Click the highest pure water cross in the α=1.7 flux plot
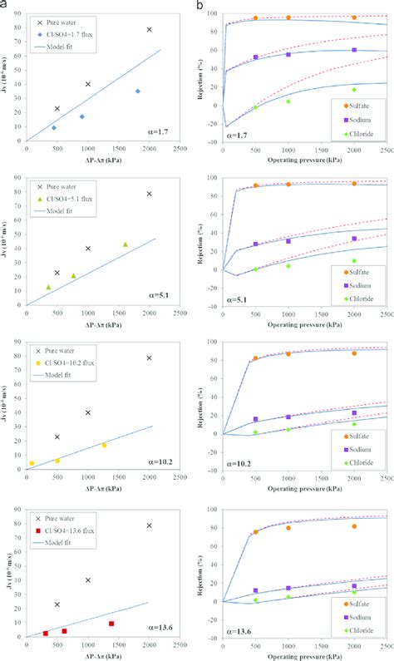pos(150,29)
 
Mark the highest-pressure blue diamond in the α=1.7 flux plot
pos(138,91)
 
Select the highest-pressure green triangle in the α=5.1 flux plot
pos(126,244)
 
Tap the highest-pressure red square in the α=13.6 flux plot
pos(111,624)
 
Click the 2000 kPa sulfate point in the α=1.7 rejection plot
pos(354,17)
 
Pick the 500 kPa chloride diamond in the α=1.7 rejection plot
pos(256,107)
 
